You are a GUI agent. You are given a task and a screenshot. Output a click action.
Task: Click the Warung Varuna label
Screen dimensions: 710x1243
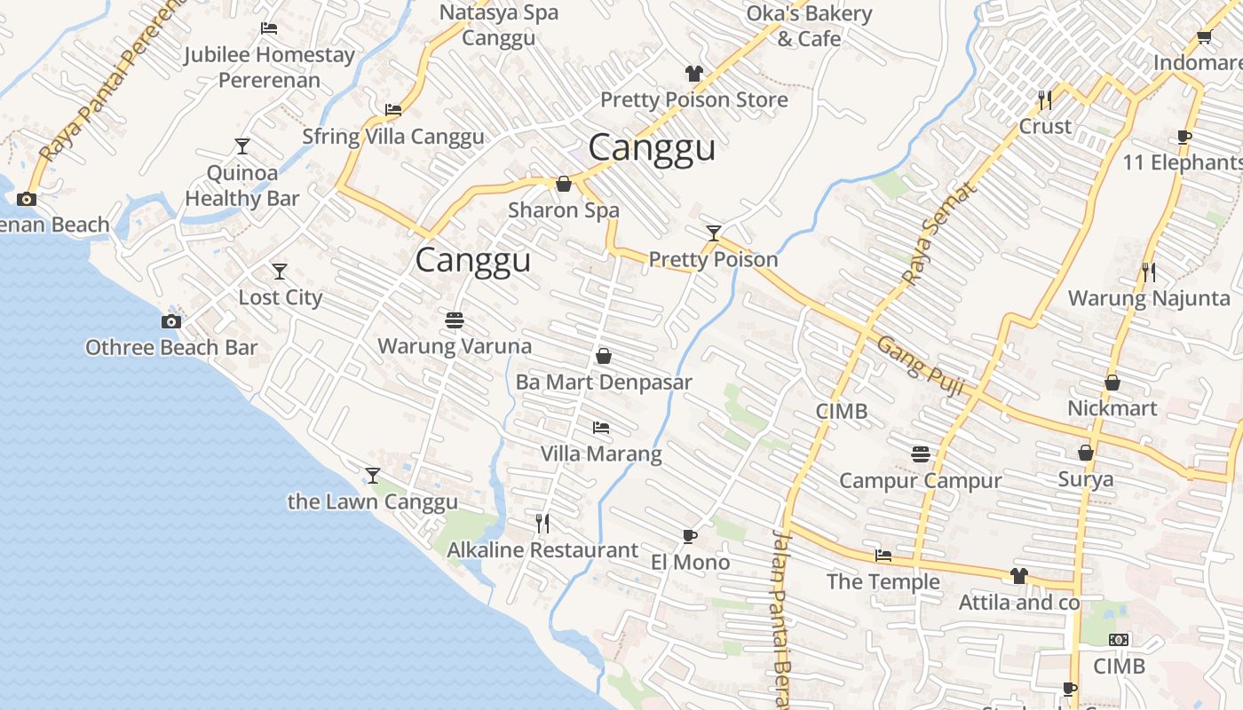coord(455,346)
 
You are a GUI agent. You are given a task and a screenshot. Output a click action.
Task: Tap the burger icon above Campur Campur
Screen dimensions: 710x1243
coord(920,454)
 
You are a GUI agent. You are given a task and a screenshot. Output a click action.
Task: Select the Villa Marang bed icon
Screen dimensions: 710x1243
coord(601,428)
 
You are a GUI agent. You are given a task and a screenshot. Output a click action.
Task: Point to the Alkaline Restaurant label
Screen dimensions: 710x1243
coord(542,550)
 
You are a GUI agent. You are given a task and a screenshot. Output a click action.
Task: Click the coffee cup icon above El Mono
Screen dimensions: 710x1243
coord(689,536)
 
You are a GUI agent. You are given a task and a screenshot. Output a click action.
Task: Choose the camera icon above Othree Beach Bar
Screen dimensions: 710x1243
coord(171,321)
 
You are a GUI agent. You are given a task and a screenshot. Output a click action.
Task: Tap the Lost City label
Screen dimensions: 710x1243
coord(280,297)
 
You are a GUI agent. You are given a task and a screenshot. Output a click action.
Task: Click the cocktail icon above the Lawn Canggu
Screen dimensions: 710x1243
coord(373,476)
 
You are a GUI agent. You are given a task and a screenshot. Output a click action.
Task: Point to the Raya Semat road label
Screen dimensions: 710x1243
coord(938,233)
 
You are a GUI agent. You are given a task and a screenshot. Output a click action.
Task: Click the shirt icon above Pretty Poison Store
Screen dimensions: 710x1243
coord(693,74)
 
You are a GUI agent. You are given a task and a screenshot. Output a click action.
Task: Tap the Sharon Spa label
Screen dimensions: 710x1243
coord(563,210)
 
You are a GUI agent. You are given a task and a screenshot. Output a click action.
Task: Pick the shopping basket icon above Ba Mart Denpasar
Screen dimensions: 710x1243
coord(604,356)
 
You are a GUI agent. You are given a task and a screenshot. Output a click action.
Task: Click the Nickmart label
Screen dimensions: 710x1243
coord(1112,408)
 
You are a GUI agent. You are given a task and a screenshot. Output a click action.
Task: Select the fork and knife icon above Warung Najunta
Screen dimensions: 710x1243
coord(1149,272)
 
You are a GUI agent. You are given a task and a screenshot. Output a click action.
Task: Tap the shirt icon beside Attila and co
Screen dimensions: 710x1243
coord(1018,576)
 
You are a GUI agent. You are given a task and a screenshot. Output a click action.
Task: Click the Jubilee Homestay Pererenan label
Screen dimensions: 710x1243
coord(269,67)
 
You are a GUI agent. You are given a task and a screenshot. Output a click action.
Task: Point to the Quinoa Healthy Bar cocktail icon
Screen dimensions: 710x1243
coord(241,146)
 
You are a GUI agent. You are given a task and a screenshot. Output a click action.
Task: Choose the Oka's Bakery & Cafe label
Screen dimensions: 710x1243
coord(808,26)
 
